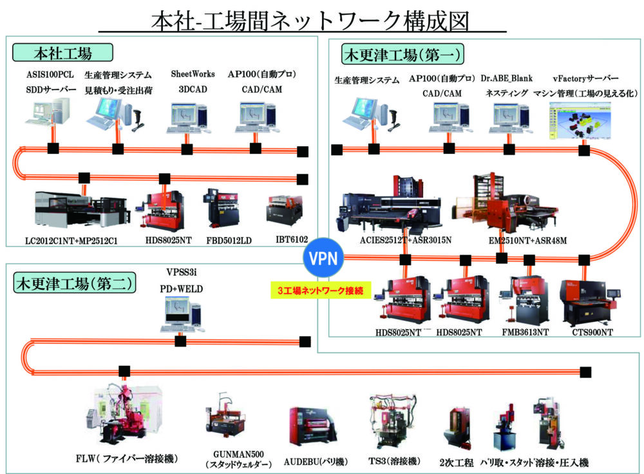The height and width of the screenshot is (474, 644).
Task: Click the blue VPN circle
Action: [323, 260]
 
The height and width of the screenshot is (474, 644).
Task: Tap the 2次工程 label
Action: [457, 462]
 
